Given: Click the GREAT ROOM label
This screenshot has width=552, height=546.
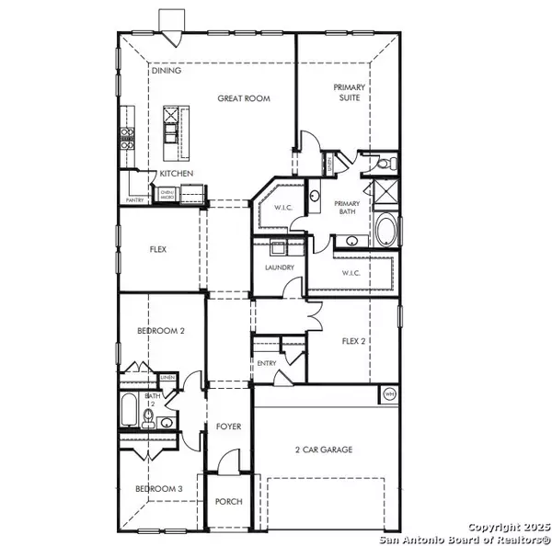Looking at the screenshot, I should click(244, 98).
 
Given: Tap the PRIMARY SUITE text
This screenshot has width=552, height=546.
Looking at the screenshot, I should click(351, 91).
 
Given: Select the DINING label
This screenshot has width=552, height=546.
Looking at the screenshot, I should click(167, 71).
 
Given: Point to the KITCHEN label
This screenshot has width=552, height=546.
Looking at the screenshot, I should click(176, 174).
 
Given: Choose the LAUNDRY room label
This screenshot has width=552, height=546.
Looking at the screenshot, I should click(279, 267).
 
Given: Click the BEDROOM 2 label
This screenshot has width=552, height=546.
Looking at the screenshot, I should click(161, 331).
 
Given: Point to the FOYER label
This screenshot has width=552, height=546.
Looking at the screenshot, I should click(228, 427).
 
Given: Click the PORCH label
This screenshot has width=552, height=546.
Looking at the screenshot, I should click(228, 502).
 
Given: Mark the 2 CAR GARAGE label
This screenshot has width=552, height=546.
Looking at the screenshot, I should click(324, 449).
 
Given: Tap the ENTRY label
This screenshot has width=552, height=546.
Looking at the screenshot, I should click(267, 363).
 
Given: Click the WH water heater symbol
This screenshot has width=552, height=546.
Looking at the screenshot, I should click(389, 394).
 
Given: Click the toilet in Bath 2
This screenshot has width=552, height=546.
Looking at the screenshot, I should click(147, 420).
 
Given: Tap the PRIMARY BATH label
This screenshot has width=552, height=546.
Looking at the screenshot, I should click(347, 208).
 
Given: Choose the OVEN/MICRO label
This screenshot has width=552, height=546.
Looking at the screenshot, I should click(167, 194).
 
